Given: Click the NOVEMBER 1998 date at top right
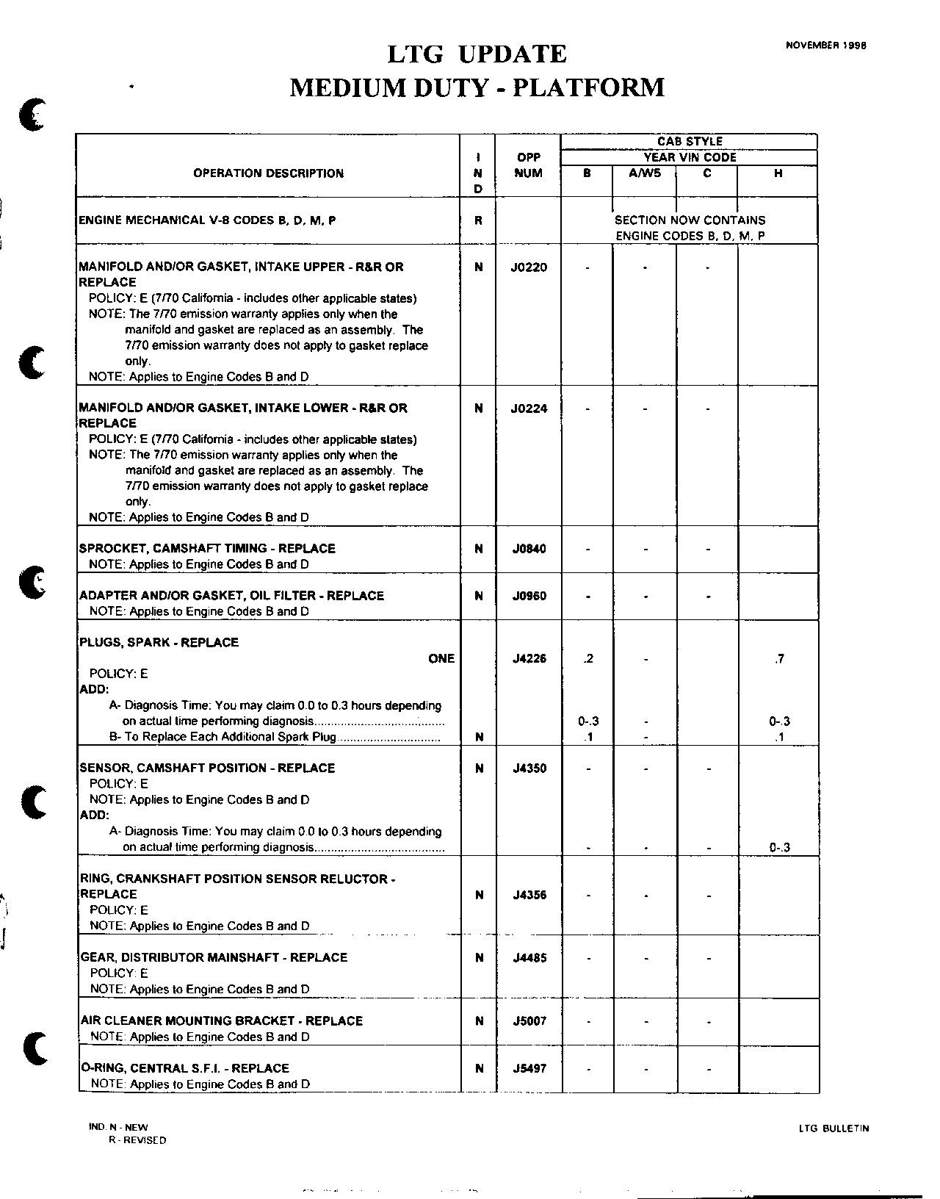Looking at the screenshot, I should coord(825,45).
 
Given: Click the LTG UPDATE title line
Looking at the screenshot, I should coord(477,54).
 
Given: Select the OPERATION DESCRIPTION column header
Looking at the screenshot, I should coord(268,173).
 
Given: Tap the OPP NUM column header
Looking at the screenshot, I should coord(528,165).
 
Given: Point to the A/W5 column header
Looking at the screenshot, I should coord(644,173).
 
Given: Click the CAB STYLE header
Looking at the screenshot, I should coord(689,141).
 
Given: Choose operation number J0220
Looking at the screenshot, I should coord(529,267).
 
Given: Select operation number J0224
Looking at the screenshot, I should coord(529,408).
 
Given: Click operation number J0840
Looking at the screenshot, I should coord(529,549).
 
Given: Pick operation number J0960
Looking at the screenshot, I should coord(529,596).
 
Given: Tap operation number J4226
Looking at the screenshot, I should coord(529,659).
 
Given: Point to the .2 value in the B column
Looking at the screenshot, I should coord(587,659).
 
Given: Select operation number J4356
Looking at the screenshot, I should coord(529,895).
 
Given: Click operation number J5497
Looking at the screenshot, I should coord(529,1068).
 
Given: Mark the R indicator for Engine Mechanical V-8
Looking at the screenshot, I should coord(478,220).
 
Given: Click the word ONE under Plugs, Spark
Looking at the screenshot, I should coord(441,658).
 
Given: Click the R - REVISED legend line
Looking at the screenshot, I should coord(137,1141).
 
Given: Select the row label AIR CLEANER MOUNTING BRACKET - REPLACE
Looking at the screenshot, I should coord(221,1020).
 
